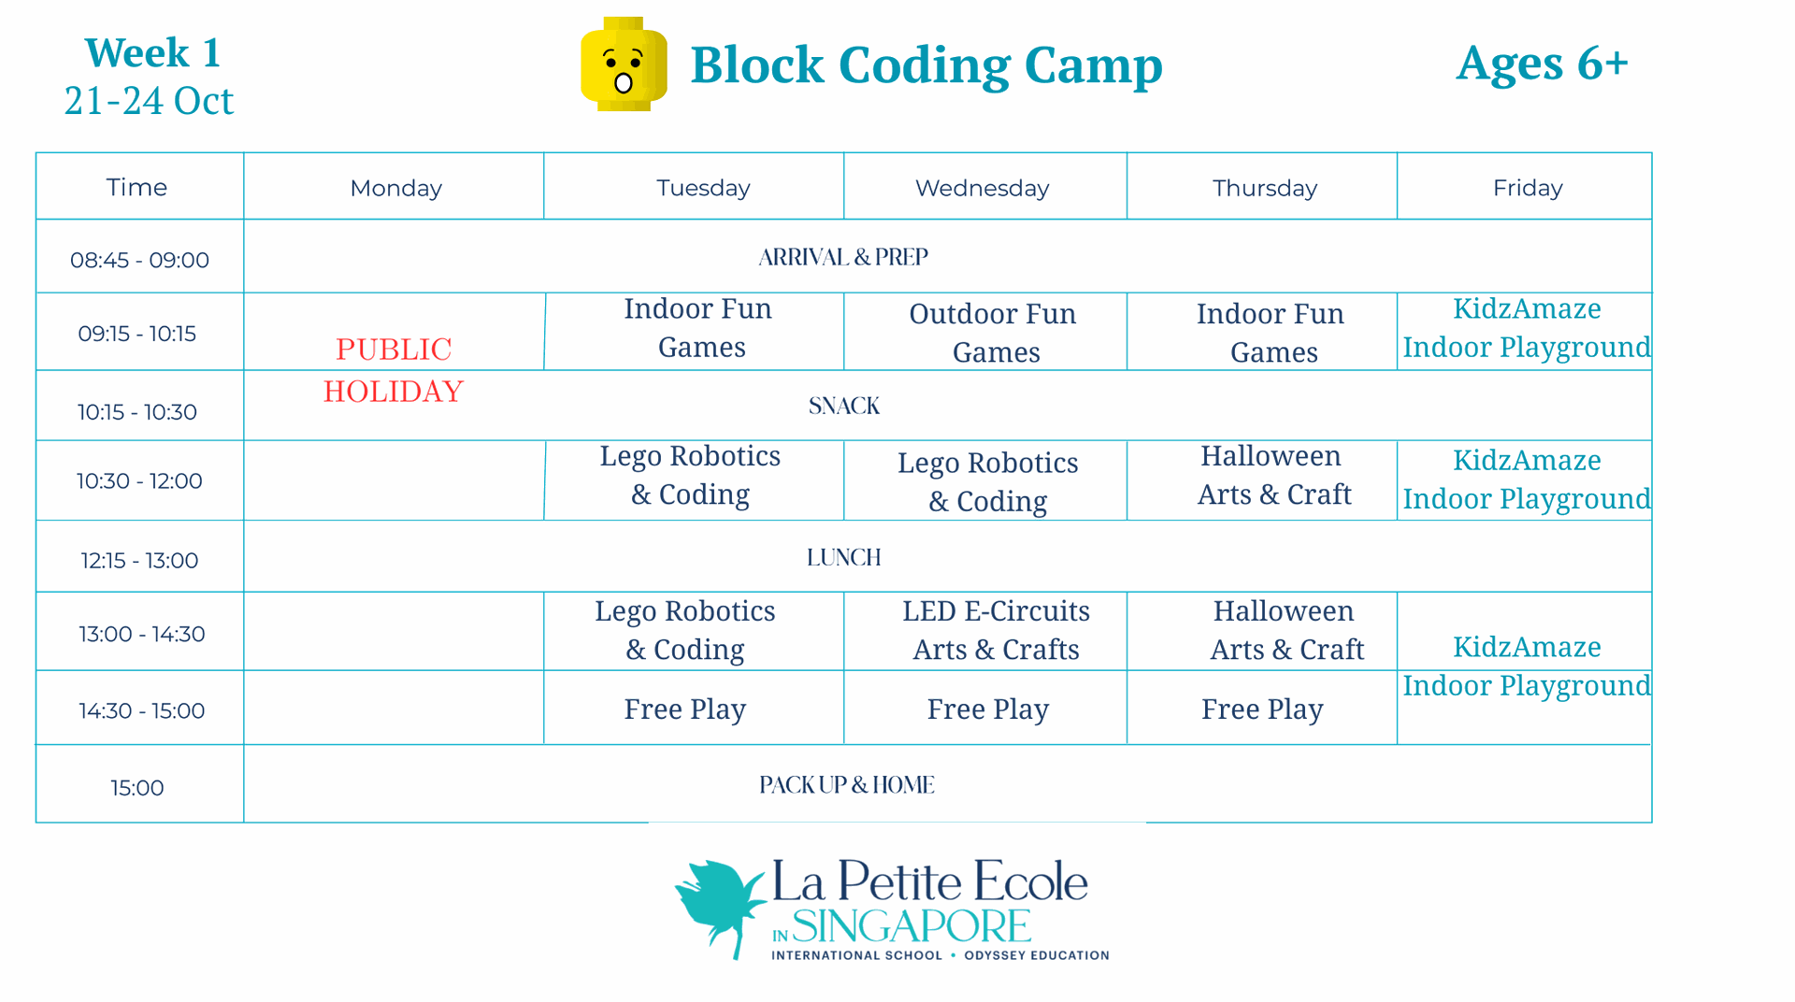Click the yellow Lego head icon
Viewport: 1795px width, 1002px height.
(624, 64)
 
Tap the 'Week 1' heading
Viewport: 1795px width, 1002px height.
(152, 52)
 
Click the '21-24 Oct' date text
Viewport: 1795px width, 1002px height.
(149, 101)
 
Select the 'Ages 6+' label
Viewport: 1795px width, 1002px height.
(1543, 64)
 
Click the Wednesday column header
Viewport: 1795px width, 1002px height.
(982, 188)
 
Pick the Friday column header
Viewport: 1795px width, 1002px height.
(1528, 188)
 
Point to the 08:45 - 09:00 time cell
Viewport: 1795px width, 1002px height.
(139, 260)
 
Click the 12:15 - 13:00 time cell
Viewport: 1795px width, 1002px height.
(139, 560)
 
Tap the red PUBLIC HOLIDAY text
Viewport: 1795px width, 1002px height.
(394, 370)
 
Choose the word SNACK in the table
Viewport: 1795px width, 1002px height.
(844, 406)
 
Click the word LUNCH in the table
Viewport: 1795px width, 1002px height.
(844, 557)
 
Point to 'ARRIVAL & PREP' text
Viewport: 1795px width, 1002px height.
(843, 257)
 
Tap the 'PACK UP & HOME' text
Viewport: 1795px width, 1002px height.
(847, 785)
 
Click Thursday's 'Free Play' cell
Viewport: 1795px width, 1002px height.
(1262, 709)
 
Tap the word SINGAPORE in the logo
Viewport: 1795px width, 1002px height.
(912, 926)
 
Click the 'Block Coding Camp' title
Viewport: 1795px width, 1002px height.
(926, 65)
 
